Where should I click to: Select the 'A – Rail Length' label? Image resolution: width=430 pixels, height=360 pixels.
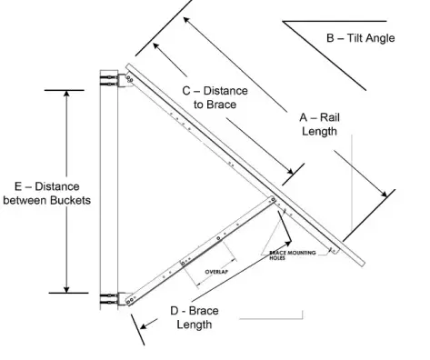[x=319, y=125]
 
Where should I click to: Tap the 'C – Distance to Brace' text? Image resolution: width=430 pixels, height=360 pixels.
[x=215, y=98]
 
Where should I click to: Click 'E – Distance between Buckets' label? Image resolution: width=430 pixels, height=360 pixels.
[x=46, y=193]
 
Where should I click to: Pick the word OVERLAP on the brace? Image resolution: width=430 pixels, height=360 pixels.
[x=215, y=271]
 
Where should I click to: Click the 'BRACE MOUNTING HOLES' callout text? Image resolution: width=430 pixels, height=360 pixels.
[x=291, y=255]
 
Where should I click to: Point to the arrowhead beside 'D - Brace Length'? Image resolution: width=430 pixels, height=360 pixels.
[x=135, y=319]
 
